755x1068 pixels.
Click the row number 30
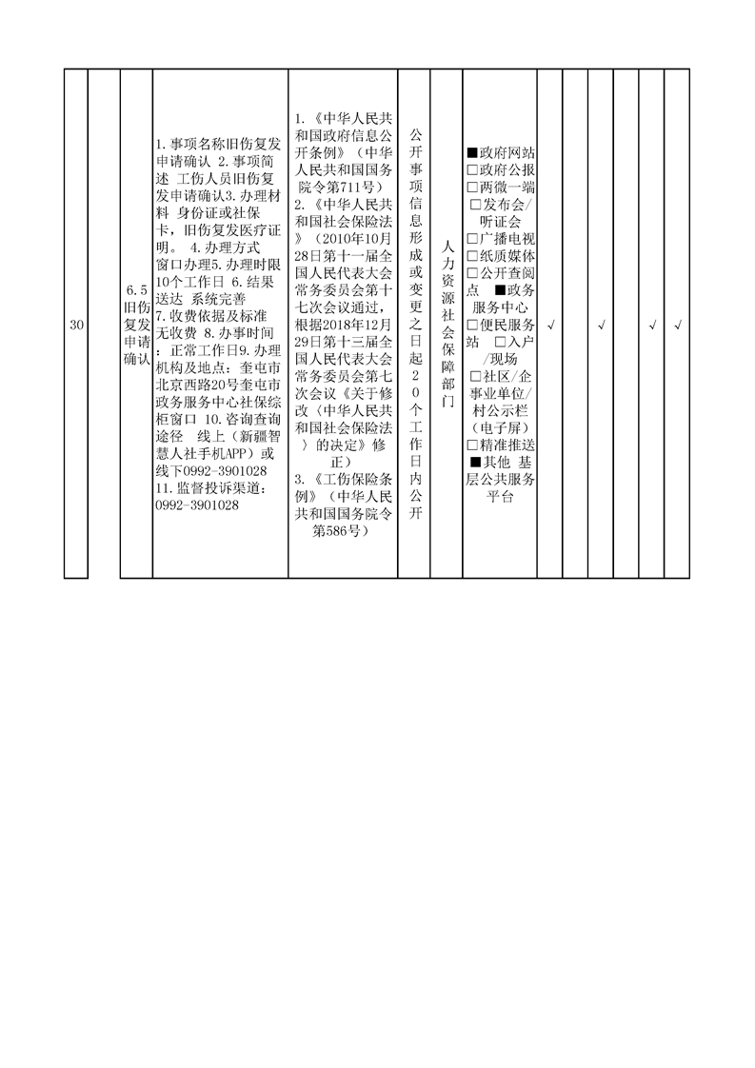(76, 326)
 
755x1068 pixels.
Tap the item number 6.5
(136, 290)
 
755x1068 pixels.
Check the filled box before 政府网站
(472, 152)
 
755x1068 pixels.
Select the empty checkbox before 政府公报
(472, 169)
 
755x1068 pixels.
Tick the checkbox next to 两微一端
(472, 187)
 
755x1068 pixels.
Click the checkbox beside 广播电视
(472, 239)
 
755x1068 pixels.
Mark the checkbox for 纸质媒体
(472, 256)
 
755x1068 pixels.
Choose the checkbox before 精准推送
(472, 445)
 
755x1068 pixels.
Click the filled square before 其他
(476, 463)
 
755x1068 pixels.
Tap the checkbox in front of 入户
(501, 342)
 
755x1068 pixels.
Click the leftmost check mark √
(550, 326)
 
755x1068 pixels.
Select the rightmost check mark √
(677, 326)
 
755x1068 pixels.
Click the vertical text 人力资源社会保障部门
(447, 325)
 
